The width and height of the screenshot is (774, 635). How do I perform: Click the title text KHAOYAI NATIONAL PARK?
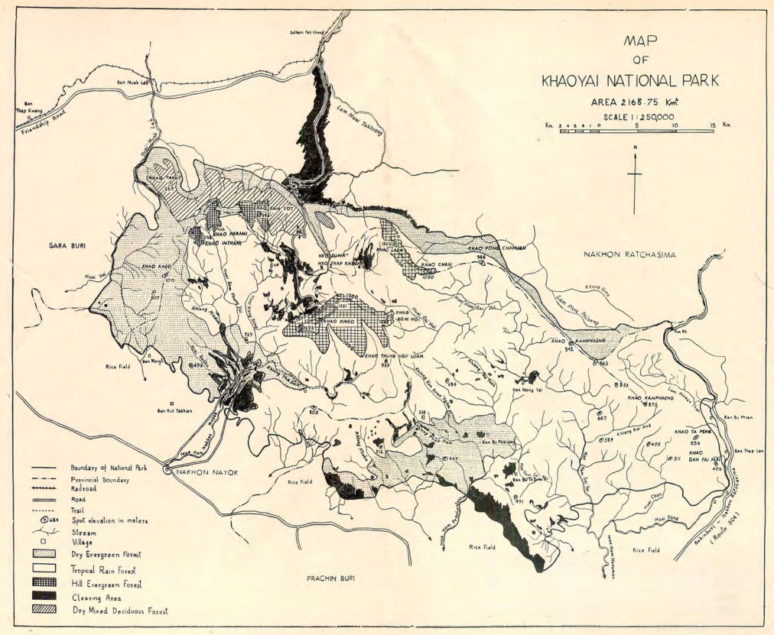pyautogui.click(x=636, y=81)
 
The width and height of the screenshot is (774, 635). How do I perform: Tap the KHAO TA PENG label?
pyautogui.click(x=694, y=432)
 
